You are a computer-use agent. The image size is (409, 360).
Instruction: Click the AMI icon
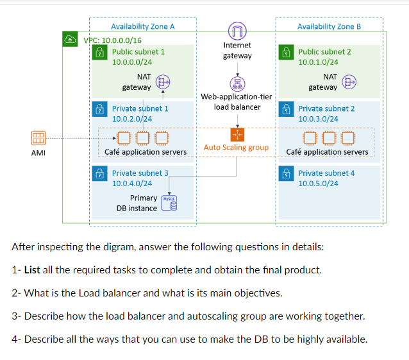pyautogui.click(x=38, y=139)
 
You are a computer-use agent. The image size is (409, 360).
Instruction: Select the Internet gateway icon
pyautogui.click(x=237, y=30)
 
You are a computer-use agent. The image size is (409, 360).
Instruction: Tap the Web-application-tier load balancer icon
pyautogui.click(x=237, y=83)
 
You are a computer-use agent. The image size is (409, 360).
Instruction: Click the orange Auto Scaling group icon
pyautogui.click(x=237, y=134)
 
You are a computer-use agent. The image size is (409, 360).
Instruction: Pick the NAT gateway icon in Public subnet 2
pyautogui.click(x=349, y=81)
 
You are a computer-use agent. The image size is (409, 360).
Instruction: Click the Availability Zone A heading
pyautogui.click(x=142, y=26)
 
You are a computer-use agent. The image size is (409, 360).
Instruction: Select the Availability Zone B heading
pyautogui.click(x=329, y=26)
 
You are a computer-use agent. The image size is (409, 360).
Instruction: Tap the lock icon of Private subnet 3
pyautogui.click(x=100, y=173)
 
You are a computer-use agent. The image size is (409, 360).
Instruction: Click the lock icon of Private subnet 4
pyautogui.click(x=286, y=173)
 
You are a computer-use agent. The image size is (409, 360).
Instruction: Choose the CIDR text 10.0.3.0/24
pyautogui.click(x=318, y=119)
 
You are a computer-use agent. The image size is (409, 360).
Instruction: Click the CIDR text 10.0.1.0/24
pyautogui.click(x=318, y=62)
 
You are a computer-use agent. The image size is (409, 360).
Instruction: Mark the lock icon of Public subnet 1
pyautogui.click(x=100, y=52)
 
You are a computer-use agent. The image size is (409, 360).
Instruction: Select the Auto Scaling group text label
pyautogui.click(x=236, y=148)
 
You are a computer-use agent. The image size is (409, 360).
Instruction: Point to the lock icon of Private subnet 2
pyautogui.click(x=286, y=109)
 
